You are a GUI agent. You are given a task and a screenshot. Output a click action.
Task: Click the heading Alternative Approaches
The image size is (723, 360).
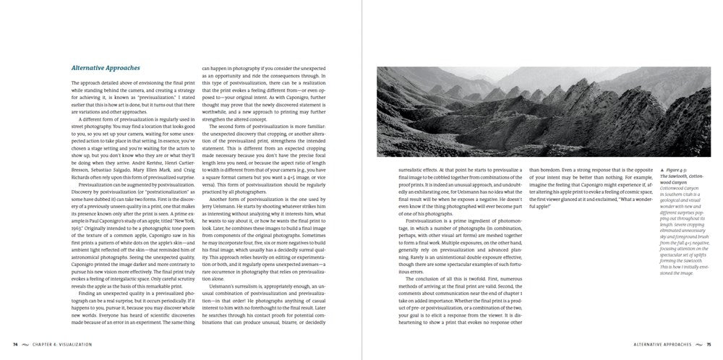pyautogui.click(x=106, y=68)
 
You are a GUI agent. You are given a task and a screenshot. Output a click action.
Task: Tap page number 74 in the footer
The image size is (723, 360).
pyautogui.click(x=16, y=344)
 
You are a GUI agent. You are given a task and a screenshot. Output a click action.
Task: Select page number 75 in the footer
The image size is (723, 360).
pyautogui.click(x=709, y=344)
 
